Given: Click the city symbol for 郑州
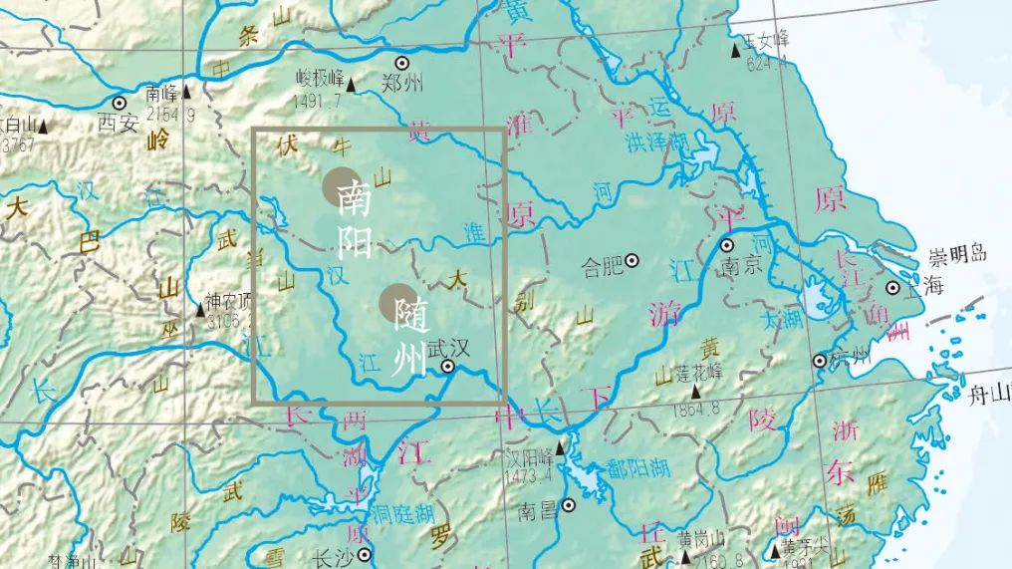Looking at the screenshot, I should (403, 63).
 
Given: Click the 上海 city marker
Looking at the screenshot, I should (892, 289).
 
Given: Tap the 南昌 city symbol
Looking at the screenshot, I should (569, 505).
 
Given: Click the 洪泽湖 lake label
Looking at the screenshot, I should (657, 142).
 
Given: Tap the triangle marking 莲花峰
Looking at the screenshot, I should (696, 394).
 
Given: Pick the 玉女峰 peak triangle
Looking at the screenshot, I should (737, 48).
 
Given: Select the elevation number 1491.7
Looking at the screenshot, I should (318, 101).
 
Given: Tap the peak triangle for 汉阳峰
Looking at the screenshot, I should (559, 447).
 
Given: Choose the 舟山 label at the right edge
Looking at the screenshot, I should (989, 395).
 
